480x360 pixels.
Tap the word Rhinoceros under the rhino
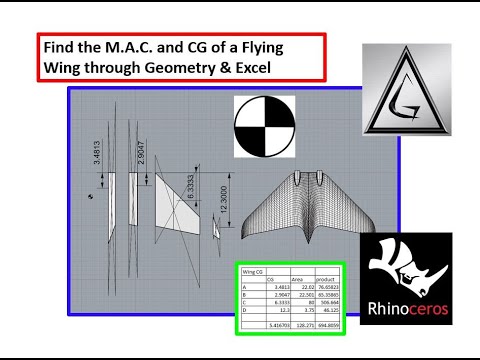[x=405, y=309]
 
